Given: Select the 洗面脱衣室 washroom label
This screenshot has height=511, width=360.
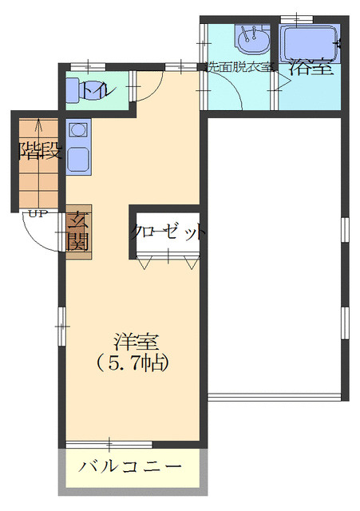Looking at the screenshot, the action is click(x=239, y=67).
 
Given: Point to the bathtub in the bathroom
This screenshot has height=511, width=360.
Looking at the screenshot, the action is click(x=311, y=43).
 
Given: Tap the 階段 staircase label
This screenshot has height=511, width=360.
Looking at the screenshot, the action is click(x=41, y=150).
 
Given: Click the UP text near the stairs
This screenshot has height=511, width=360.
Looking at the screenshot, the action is click(x=38, y=214).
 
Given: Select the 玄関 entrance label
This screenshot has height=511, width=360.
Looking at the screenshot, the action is click(x=78, y=231).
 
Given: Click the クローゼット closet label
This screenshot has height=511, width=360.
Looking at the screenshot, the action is click(x=168, y=232).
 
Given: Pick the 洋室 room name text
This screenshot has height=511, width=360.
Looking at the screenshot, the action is click(x=136, y=342).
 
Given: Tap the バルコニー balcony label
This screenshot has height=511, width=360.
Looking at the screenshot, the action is click(x=130, y=466).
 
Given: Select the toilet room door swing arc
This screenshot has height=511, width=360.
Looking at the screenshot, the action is click(x=153, y=93).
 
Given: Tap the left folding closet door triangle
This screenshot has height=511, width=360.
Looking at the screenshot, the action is click(x=144, y=263).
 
